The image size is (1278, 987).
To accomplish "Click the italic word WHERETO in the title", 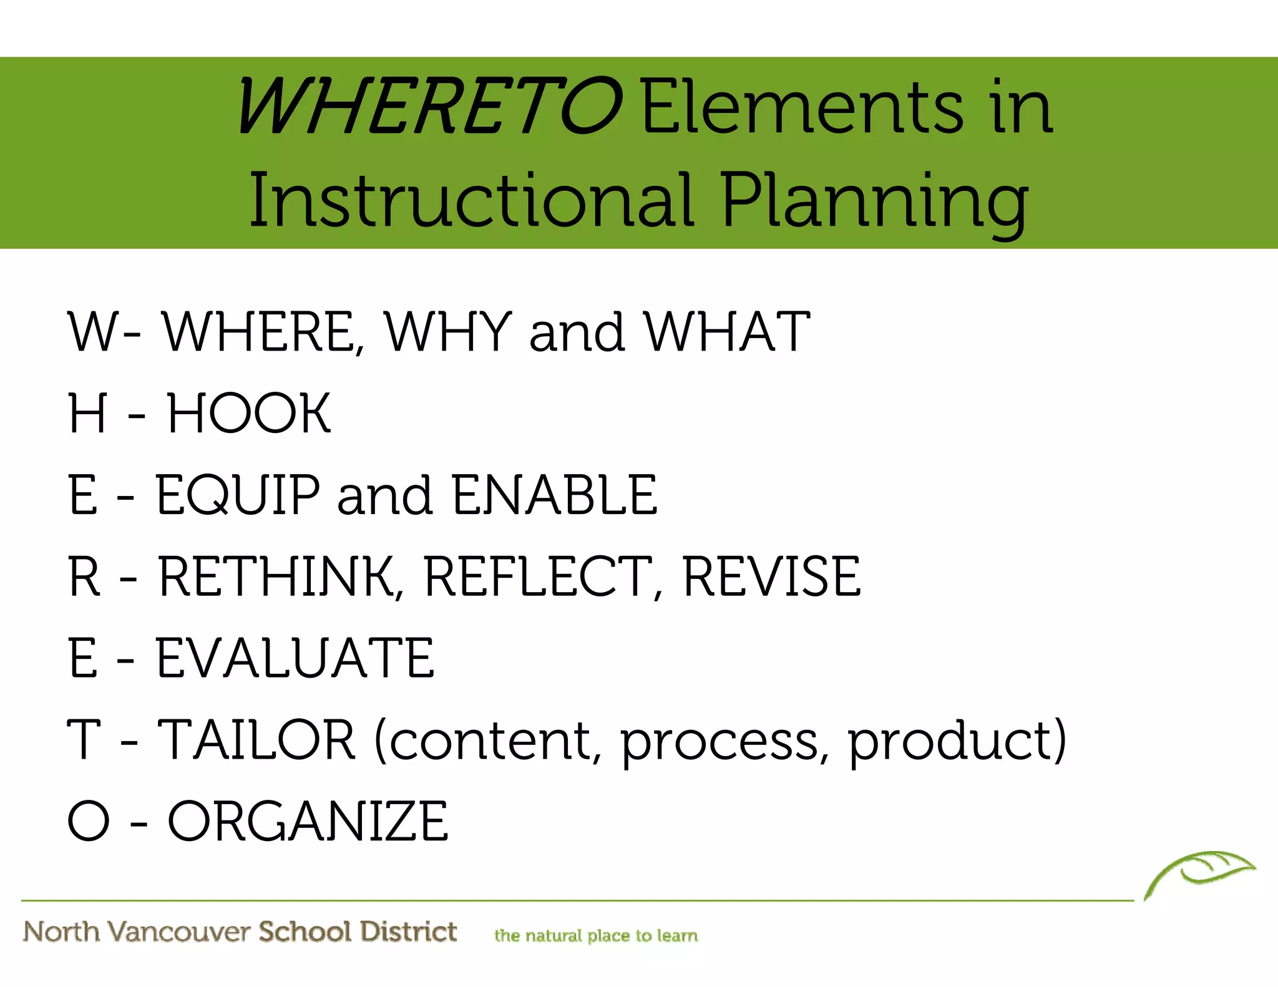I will (429, 106).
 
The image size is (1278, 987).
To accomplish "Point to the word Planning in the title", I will (874, 203).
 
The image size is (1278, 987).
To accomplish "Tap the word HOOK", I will (248, 413).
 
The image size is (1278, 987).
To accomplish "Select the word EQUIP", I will (238, 495).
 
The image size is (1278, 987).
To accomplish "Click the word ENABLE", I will (554, 495).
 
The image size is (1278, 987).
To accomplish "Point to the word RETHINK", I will (276, 576).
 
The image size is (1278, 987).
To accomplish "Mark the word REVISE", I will (772, 576).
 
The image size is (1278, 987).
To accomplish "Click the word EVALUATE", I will (295, 658).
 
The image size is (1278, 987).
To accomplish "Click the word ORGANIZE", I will (308, 821).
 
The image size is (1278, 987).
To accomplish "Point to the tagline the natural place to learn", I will (596, 935).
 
